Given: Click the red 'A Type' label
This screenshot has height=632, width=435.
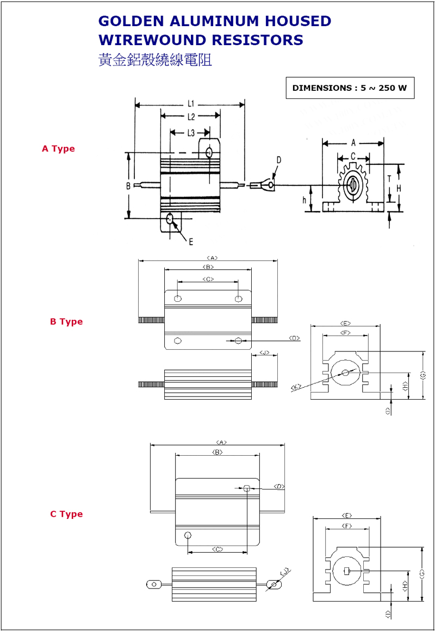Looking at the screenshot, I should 58,148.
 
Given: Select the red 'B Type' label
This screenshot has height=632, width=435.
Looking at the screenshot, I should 66,321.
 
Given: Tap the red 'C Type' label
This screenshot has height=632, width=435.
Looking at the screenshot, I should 66,514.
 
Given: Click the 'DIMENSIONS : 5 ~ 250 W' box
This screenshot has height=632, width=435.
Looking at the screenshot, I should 350,88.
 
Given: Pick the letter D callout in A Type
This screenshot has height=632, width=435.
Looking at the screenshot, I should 279,160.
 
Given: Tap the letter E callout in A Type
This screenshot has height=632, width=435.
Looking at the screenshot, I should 191,241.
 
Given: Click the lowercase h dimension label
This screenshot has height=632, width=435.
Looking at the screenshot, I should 304,200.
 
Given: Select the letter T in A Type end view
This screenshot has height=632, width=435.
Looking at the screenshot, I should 389,178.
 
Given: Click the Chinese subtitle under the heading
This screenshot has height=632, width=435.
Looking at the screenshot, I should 154,60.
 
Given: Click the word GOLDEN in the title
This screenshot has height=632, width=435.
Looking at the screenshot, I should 130,21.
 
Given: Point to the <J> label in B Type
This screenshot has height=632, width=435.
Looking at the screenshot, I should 264,353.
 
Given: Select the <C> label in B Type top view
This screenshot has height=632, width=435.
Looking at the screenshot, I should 208,279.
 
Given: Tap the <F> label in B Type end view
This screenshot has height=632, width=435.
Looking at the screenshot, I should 345,333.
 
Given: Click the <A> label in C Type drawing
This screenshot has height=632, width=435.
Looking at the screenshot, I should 221,442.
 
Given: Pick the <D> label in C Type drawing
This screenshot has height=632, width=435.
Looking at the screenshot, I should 279,486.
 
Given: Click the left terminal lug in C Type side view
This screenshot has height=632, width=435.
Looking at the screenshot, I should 154,585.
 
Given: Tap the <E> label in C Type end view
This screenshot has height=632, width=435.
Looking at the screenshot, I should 347,515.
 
